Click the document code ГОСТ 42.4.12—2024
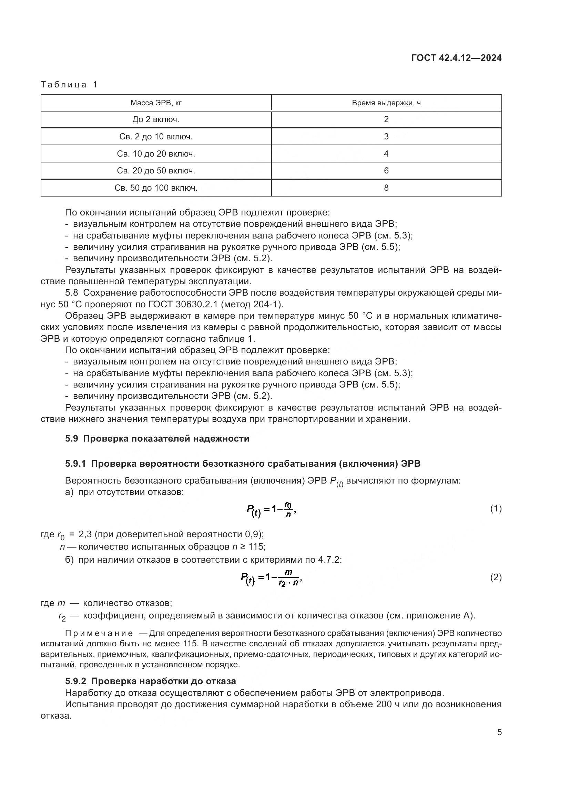pyautogui.click(x=456, y=58)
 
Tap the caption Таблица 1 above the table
pyautogui.click(x=69, y=85)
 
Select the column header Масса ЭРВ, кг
pyautogui.click(x=156, y=103)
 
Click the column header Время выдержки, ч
pyautogui.click(x=386, y=103)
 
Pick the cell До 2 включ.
pyautogui.click(x=156, y=119)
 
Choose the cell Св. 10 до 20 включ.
pyautogui.click(x=156, y=153)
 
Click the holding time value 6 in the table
pyautogui.click(x=386, y=171)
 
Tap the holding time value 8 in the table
pyautogui.click(x=386, y=188)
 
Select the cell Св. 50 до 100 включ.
pyautogui.click(x=156, y=188)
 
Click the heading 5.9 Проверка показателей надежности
pyautogui.click(x=157, y=438)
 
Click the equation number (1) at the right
pyautogui.click(x=496, y=509)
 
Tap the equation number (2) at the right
pyautogui.click(x=496, y=578)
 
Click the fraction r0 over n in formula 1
pyautogui.click(x=288, y=510)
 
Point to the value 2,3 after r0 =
pyautogui.click(x=85, y=534)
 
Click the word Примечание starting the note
pyautogui.click(x=99, y=634)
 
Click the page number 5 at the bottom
pyautogui.click(x=499, y=732)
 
